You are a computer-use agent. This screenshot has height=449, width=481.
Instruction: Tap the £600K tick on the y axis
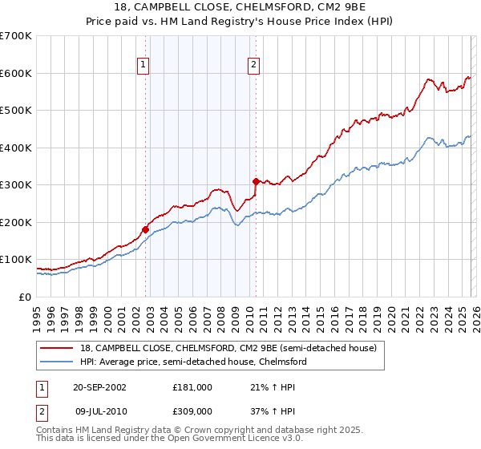[16, 73]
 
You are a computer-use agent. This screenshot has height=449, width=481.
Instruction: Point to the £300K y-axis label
[16, 185]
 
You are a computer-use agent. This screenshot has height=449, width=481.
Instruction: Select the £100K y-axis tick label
[16, 260]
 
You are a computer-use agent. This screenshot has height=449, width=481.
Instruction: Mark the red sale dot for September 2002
[146, 229]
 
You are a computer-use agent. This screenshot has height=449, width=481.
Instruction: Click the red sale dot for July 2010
[256, 181]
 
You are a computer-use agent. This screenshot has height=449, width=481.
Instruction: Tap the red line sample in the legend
[57, 347]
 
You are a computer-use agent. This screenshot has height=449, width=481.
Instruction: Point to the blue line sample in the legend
[57, 362]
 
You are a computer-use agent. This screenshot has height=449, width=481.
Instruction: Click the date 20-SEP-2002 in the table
[99, 386]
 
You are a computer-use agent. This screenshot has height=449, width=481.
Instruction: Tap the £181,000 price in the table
[192, 386]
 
